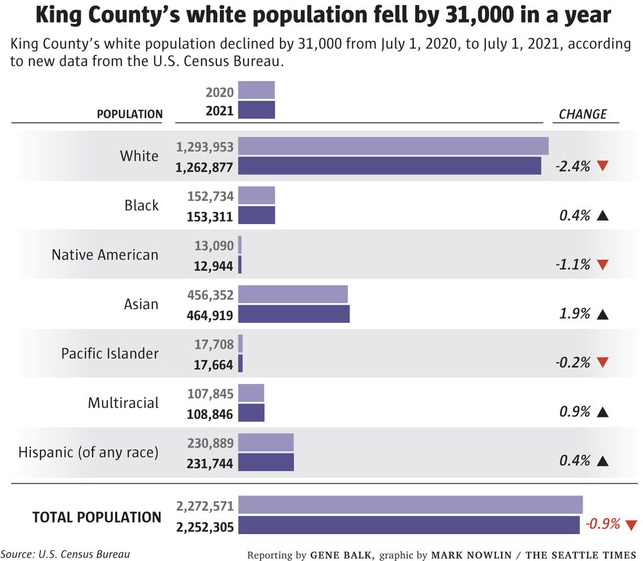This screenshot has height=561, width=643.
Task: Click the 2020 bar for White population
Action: point(393,146)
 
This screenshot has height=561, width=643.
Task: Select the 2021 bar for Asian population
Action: point(294,314)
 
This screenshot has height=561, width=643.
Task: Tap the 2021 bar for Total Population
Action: point(408,525)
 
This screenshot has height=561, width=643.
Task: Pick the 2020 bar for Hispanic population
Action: point(266,443)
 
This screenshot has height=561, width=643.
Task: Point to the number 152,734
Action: point(211,196)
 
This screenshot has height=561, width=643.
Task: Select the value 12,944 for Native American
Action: point(214,266)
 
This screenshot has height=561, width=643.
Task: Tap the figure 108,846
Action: point(210,414)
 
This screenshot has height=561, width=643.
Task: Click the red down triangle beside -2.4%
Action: point(603,166)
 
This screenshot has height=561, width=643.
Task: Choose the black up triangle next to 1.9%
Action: point(603,314)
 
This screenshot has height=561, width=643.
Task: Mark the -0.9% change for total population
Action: point(603,524)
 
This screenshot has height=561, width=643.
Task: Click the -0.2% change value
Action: point(573,363)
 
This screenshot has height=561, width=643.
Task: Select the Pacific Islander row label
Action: point(110,353)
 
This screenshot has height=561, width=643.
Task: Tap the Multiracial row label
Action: point(124,402)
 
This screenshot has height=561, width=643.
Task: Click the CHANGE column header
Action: point(582,114)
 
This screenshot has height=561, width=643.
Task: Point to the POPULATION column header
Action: point(129,114)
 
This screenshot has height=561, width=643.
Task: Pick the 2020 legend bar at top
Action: point(256,91)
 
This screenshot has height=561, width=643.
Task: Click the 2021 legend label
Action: point(219,111)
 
